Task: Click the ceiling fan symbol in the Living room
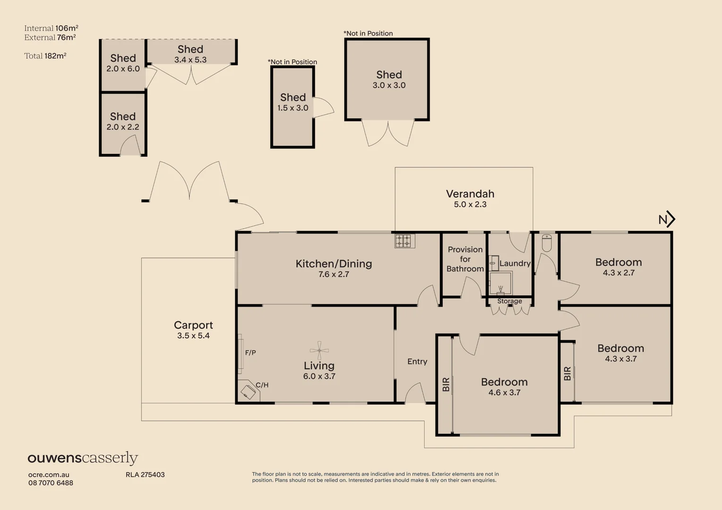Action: click(319, 350)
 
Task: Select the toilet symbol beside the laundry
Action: click(547, 243)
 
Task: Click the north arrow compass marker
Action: click(667, 219)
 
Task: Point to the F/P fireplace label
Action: click(250, 353)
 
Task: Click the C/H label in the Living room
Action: click(262, 385)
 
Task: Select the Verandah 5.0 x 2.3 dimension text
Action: click(470, 204)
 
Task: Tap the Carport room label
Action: click(193, 325)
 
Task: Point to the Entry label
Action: click(417, 362)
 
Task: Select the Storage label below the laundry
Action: click(509, 301)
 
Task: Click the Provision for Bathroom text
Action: click(465, 259)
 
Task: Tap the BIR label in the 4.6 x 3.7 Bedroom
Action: click(446, 384)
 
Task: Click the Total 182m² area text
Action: click(45, 56)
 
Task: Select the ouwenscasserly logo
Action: click(83, 458)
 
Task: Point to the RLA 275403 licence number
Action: click(145, 475)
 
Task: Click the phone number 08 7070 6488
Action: click(51, 483)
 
